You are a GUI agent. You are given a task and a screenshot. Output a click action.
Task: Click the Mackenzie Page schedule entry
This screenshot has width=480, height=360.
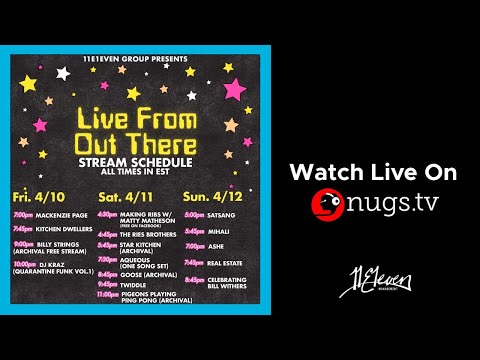click(55, 215)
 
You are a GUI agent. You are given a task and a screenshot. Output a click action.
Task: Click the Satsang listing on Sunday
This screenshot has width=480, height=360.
click(220, 214)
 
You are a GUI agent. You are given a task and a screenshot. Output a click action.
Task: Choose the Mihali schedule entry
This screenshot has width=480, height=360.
click(218, 229)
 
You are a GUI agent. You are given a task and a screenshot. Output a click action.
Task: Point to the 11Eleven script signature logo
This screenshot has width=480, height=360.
click(372, 276)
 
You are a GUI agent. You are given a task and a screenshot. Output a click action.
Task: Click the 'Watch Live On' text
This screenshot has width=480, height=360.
click(372, 172)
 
